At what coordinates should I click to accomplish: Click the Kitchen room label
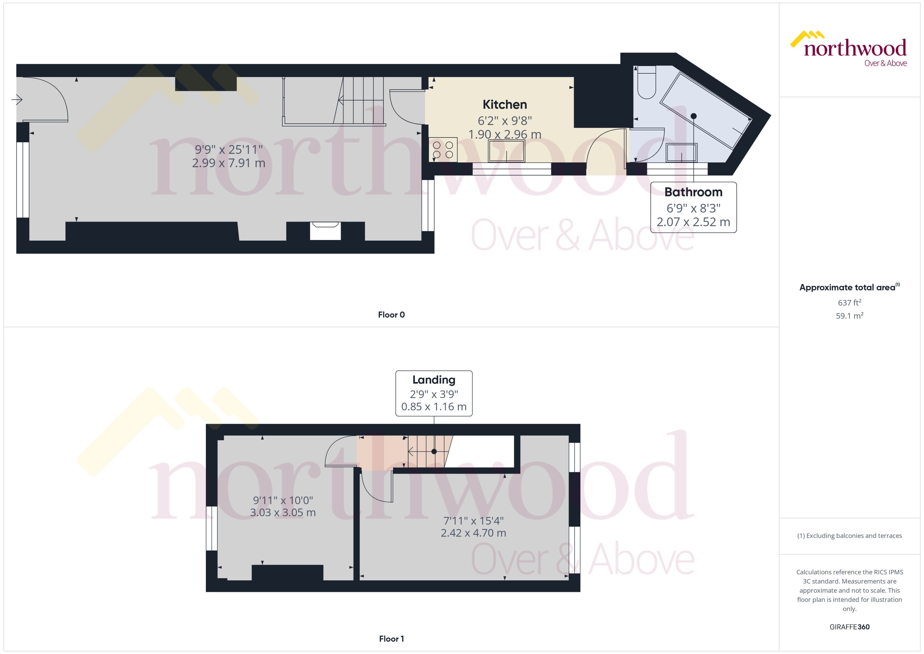pyautogui.click(x=505, y=105)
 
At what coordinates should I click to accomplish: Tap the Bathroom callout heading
pyautogui.click(x=693, y=192)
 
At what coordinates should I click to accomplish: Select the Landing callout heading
pyautogui.click(x=433, y=380)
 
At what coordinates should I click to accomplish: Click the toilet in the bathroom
pyautogui.click(x=647, y=83)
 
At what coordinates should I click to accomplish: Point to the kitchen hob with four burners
pyautogui.click(x=443, y=149)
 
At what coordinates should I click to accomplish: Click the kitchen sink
pyautogui.click(x=507, y=150)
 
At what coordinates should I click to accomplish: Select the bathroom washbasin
pyautogui.click(x=681, y=153)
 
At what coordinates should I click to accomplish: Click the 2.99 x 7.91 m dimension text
pyautogui.click(x=228, y=163)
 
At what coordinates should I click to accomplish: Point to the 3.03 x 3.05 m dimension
pyautogui.click(x=283, y=513)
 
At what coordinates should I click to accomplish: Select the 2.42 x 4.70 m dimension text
pyautogui.click(x=473, y=533)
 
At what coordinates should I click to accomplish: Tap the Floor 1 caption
pyautogui.click(x=391, y=639)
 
